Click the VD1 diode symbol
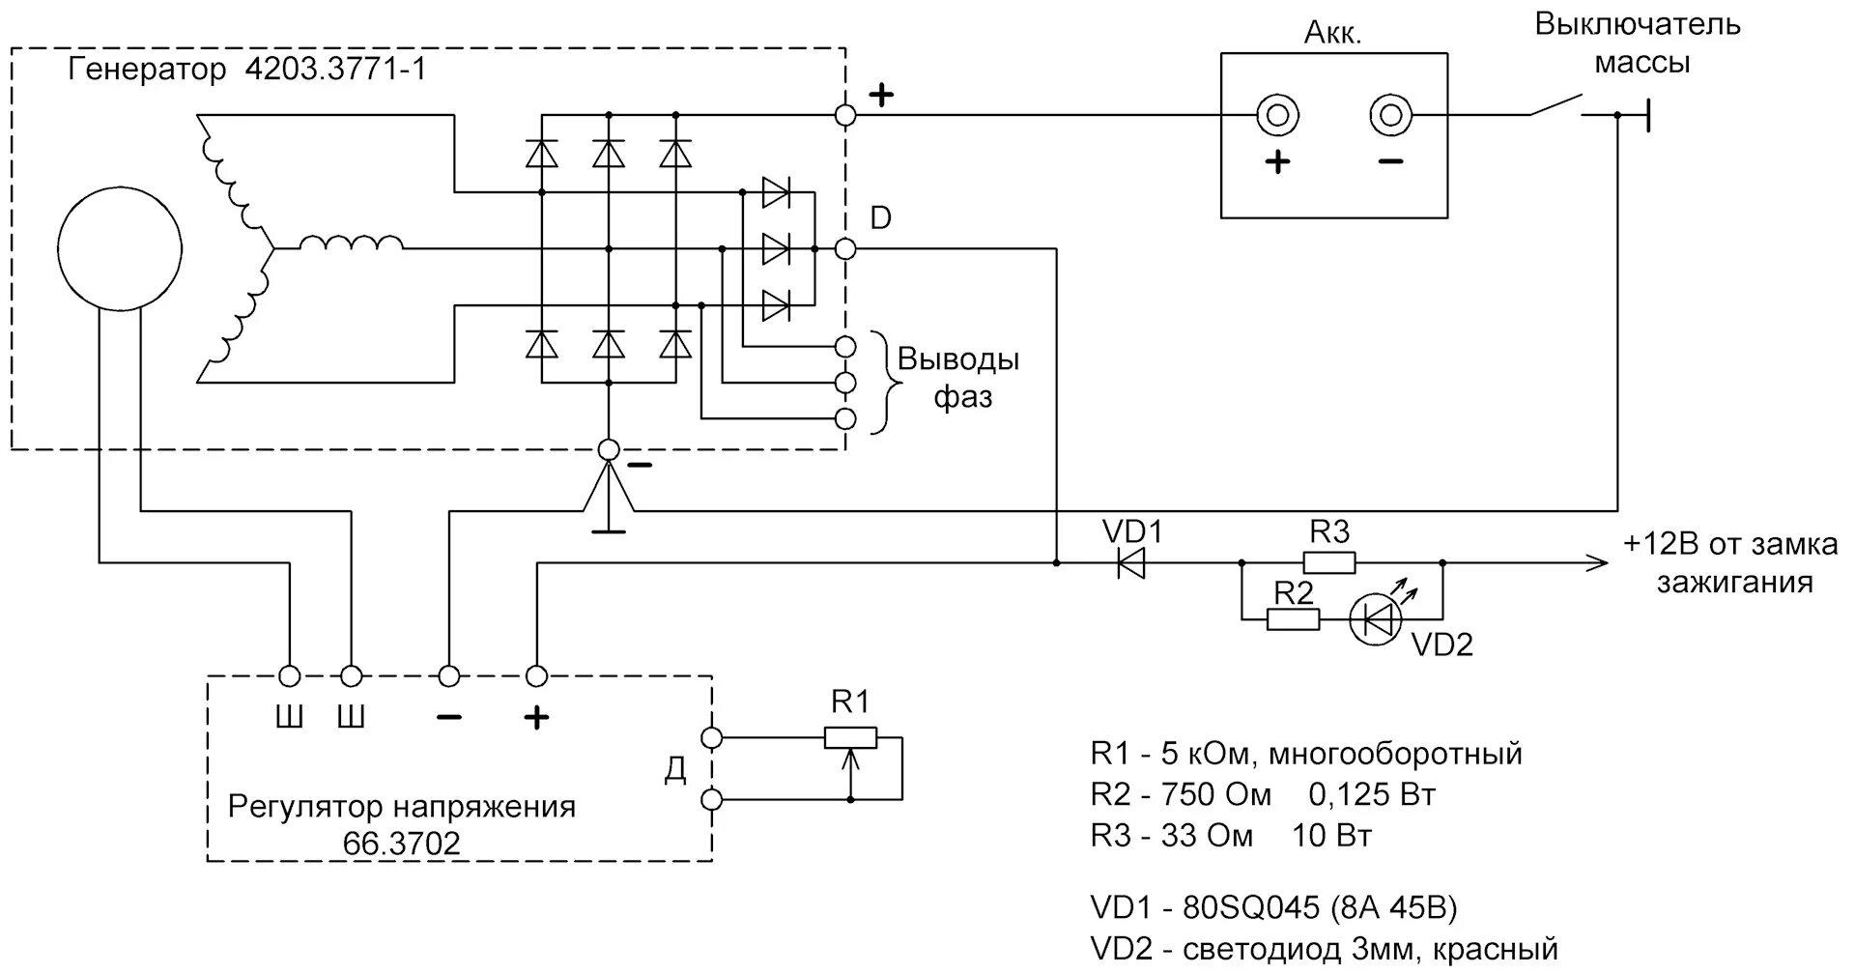[x=1130, y=562]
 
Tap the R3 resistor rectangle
[x=1329, y=562]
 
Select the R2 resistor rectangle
[x=1293, y=619]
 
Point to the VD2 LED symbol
[x=1375, y=619]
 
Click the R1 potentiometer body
[x=850, y=738]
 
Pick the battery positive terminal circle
[x=1276, y=116]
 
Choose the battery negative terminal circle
[x=1390, y=116]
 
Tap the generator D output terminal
[x=845, y=249]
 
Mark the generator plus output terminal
[x=845, y=116]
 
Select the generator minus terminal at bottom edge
[x=609, y=449]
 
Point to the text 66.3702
[x=402, y=844]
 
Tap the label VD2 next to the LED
[x=1441, y=645]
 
